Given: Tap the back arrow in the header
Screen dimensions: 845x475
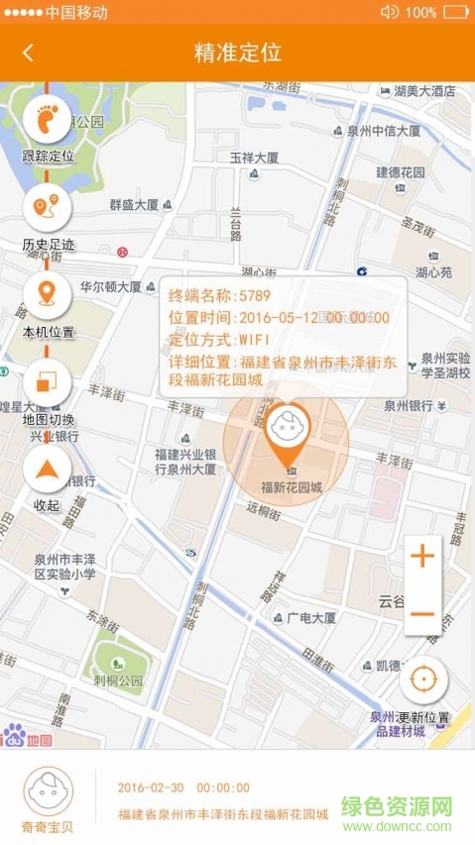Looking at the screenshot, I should point(28,53).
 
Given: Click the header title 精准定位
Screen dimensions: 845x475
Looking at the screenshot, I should point(238,53).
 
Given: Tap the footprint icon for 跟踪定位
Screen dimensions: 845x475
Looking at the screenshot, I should point(47,120).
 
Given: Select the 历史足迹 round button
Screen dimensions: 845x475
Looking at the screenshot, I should point(47,207).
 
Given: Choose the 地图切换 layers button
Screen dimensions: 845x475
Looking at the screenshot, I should point(47,380).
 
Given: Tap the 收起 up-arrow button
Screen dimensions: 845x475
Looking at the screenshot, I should point(47,468).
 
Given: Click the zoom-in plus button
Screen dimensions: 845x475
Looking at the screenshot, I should point(422,556).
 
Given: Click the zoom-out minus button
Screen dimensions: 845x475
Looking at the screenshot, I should point(422,613).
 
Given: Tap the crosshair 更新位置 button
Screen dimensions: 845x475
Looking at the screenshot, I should point(423,680).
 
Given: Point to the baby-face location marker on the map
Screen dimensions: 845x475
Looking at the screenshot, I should point(288,427).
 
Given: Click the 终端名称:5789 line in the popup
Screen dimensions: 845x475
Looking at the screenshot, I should point(219,295).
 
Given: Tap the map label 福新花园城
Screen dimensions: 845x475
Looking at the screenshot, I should point(291,486).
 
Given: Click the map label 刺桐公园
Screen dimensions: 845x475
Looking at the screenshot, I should point(118,682).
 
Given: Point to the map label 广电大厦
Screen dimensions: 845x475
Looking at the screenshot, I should point(310,617).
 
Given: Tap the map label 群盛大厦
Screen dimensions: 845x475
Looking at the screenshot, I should point(134,205).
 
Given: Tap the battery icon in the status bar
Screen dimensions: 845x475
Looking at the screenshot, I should point(457,12).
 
